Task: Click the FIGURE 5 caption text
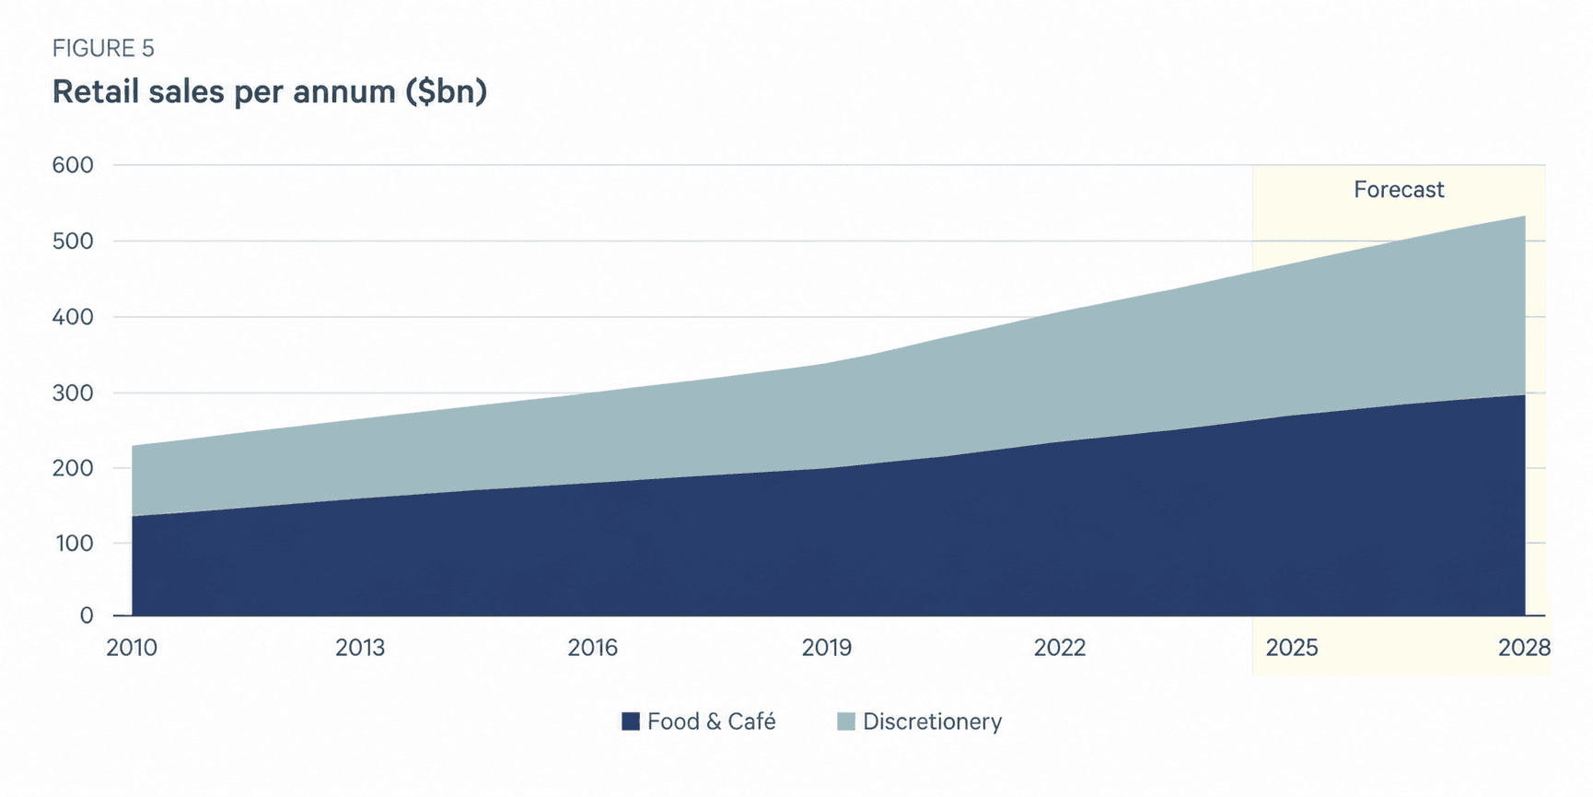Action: point(103,48)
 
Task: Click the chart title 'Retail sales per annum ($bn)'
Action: point(270,92)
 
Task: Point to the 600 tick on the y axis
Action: point(74,165)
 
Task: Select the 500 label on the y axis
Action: point(74,241)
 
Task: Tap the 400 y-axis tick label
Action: point(74,317)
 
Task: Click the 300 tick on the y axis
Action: point(74,393)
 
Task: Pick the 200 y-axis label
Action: point(74,468)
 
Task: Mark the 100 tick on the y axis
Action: point(75,544)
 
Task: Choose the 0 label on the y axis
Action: point(87,615)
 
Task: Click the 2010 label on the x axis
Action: point(132,648)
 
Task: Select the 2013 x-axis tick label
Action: point(360,648)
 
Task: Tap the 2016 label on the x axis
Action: point(592,648)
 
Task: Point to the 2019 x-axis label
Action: point(826,648)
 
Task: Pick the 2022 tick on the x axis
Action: point(1060,648)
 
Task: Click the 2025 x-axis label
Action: point(1292,648)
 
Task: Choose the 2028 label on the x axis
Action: point(1525,648)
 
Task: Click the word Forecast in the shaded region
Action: point(1399,190)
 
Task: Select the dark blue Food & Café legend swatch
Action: point(631,721)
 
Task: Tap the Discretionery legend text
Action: point(932,721)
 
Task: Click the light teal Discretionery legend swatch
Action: point(846,721)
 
